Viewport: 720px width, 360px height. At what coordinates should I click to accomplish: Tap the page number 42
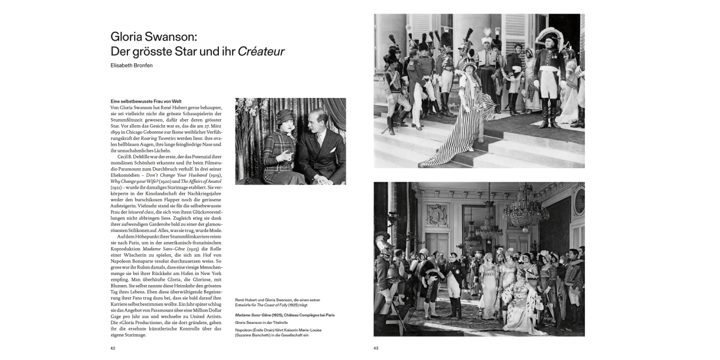click(x=113, y=348)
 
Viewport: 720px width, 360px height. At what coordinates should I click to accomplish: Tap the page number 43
click(x=376, y=348)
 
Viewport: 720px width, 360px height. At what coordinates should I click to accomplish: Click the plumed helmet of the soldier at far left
click(x=383, y=240)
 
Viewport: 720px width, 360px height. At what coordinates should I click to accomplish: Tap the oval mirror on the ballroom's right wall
click(x=579, y=201)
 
